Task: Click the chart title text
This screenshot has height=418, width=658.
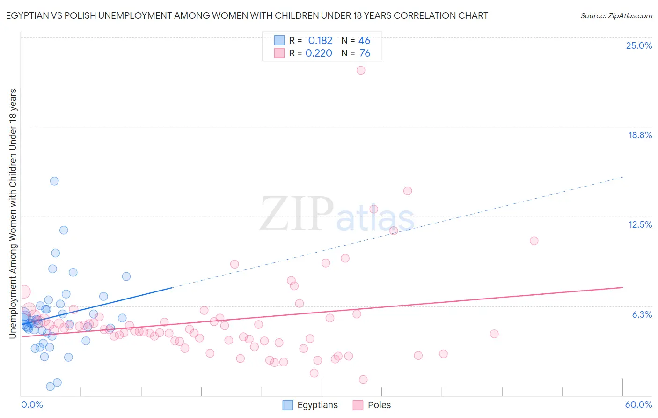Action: point(247,15)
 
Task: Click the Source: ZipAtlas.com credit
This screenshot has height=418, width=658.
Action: point(616,15)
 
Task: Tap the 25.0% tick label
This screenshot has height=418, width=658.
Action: point(639,45)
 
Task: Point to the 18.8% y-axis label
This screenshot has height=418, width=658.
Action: point(640,135)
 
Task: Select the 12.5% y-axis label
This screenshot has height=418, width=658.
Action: point(640,224)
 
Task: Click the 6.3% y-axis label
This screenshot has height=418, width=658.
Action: point(642,314)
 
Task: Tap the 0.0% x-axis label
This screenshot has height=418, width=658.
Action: point(32,404)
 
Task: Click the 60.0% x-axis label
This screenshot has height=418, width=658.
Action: point(638,404)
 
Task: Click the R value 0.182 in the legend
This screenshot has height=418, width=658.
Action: point(320,41)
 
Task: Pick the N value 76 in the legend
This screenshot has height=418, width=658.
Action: point(365,53)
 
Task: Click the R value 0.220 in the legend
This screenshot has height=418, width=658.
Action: point(319,53)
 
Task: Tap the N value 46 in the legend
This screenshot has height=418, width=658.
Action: point(364,41)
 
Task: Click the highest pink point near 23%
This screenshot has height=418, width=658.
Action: point(361,70)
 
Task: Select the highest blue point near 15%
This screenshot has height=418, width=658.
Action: point(54,181)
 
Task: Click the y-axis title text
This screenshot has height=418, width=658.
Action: point(13,213)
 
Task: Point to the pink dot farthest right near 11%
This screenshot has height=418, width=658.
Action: point(534,241)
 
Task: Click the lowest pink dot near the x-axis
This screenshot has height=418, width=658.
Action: point(363,380)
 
